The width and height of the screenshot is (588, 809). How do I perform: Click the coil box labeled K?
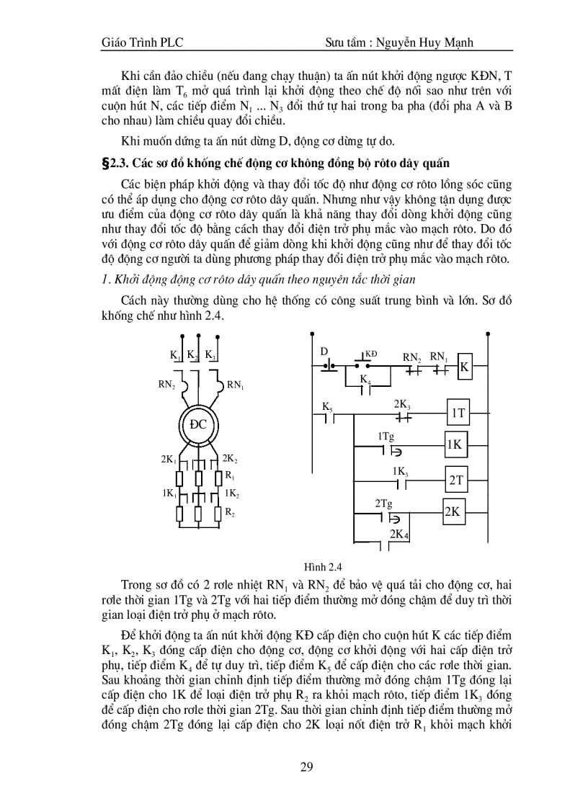click(x=465, y=367)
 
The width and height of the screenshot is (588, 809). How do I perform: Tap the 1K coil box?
click(x=454, y=445)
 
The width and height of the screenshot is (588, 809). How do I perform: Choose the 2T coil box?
click(x=458, y=479)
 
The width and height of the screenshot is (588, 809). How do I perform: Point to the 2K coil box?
click(x=453, y=512)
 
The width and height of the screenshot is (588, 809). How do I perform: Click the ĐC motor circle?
click(x=198, y=424)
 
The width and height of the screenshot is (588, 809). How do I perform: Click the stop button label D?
click(x=324, y=352)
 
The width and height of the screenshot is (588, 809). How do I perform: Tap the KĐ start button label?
click(x=371, y=354)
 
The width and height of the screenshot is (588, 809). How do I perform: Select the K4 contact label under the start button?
click(x=365, y=380)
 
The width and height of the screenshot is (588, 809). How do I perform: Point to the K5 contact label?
click(x=326, y=408)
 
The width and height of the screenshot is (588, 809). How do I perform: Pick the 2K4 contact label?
click(x=398, y=535)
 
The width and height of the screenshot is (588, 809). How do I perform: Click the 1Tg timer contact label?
click(x=386, y=437)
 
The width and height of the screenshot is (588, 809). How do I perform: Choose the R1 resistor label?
click(x=230, y=476)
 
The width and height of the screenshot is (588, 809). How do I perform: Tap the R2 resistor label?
click(x=230, y=512)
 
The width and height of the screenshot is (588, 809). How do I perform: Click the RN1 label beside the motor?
click(x=236, y=385)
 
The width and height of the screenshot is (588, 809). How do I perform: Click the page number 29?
click(x=306, y=766)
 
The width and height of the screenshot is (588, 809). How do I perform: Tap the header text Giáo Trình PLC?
click(x=143, y=43)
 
